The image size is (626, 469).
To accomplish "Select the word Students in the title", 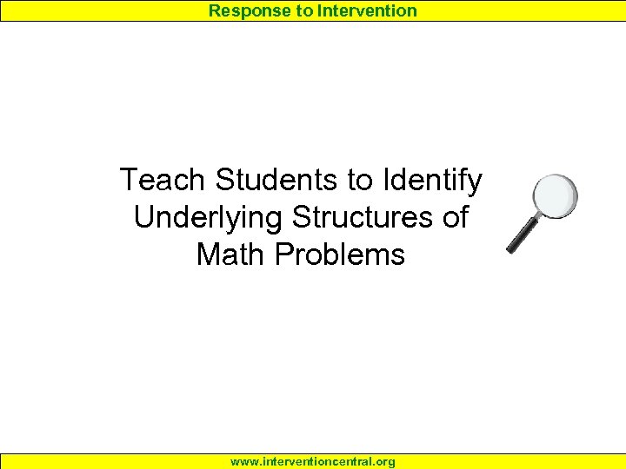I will [x=278, y=181].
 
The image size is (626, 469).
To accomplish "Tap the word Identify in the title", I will [x=430, y=181].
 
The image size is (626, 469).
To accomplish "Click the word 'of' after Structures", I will [x=455, y=218].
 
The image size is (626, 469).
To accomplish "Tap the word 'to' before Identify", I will [x=360, y=181].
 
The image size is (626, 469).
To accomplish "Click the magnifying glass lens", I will [x=555, y=196].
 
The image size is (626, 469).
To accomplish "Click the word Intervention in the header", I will [x=368, y=11].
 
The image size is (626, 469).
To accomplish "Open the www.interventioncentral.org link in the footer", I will [x=313, y=462].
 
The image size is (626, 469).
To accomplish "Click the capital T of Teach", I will [x=128, y=181].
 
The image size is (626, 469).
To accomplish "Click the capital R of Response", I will [x=215, y=11].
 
